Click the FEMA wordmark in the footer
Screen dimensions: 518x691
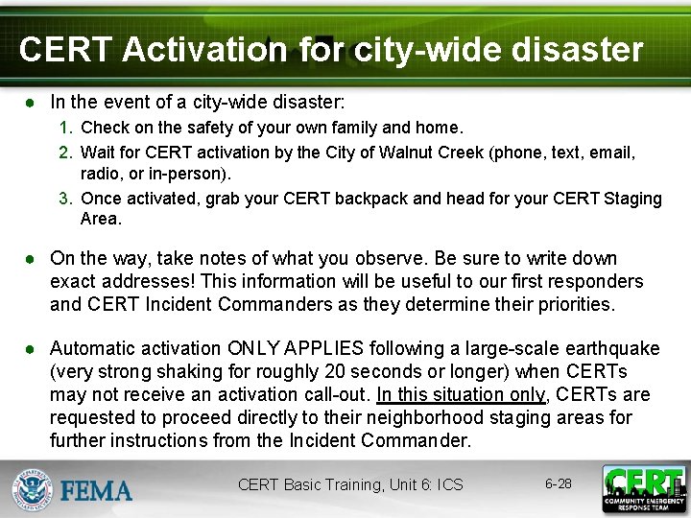[x=97, y=490]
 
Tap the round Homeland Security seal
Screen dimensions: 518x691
[x=33, y=489]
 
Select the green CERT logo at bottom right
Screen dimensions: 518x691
[x=643, y=488]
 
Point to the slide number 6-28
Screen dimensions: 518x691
[x=558, y=483]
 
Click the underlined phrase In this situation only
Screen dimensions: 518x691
[x=460, y=394]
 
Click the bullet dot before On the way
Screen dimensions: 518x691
[x=32, y=259]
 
